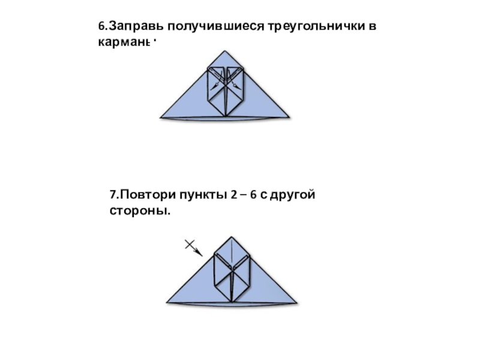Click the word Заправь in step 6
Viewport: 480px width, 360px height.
pos(134,26)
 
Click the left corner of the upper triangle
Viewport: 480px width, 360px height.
pos(161,116)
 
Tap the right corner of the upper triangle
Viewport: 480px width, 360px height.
pos(289,116)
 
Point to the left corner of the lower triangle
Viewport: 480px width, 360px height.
pos(167,302)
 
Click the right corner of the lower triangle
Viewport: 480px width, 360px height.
pos(296,302)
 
